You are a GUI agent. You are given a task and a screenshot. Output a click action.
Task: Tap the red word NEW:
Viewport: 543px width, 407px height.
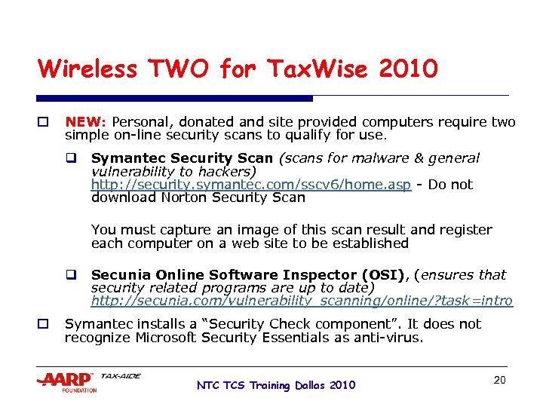click(87, 122)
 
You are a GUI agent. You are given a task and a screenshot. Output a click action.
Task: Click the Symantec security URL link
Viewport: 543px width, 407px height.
click(251, 185)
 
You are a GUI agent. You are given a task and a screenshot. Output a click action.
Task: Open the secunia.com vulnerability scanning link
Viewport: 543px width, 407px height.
click(302, 301)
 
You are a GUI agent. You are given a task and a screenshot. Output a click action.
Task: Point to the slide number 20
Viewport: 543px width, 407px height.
click(499, 380)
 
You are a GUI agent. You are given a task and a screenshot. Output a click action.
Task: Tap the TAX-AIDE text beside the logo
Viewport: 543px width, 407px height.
click(121, 376)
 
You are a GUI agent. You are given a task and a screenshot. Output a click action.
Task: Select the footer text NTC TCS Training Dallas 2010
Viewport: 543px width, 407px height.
click(275, 385)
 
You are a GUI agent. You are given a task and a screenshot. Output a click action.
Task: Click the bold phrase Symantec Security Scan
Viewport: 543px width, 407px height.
click(182, 158)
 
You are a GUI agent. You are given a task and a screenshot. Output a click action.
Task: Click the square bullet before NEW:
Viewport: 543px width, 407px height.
click(43, 122)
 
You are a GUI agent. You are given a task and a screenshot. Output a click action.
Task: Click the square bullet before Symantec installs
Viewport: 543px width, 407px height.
click(43, 324)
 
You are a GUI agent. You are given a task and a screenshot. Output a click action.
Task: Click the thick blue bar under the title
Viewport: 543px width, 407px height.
click(175, 98)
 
